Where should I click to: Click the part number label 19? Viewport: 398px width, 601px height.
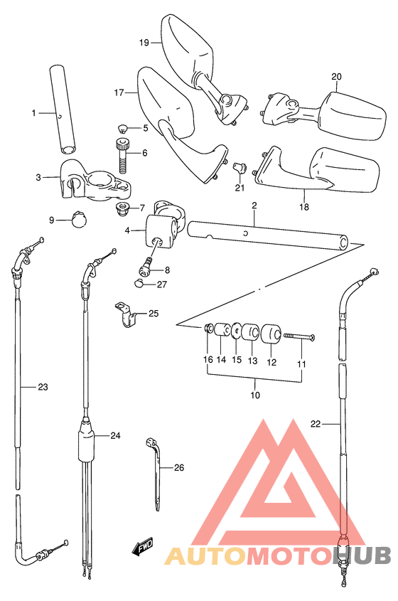pos(144,43)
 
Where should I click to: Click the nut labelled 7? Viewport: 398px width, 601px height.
pos(122,209)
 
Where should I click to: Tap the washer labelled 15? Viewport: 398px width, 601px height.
pos(236,331)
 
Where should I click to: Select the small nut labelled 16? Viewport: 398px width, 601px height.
pos(209,329)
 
